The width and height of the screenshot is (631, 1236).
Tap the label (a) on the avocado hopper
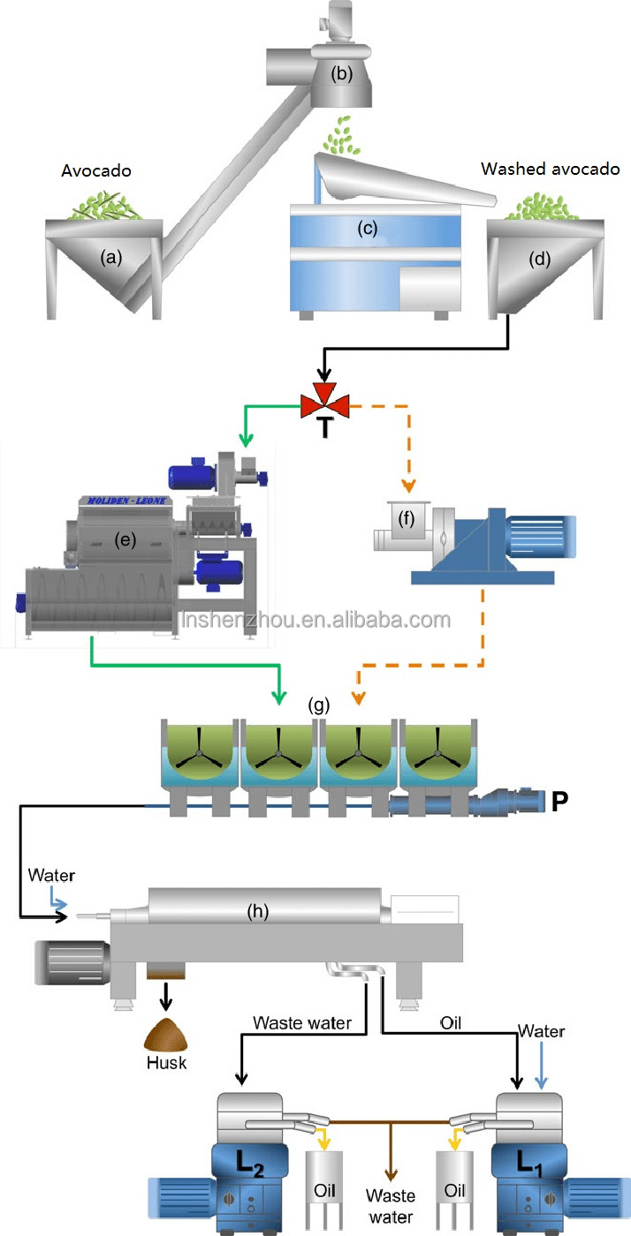click(110, 258)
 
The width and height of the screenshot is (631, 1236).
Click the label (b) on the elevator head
click(341, 74)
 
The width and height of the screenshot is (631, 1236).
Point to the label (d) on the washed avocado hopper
click(538, 260)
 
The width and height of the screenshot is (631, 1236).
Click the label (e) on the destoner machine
click(127, 540)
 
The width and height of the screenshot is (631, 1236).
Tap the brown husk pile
click(167, 1035)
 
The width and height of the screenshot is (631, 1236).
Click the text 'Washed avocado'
click(550, 168)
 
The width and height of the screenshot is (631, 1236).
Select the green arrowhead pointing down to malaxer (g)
click(279, 697)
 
